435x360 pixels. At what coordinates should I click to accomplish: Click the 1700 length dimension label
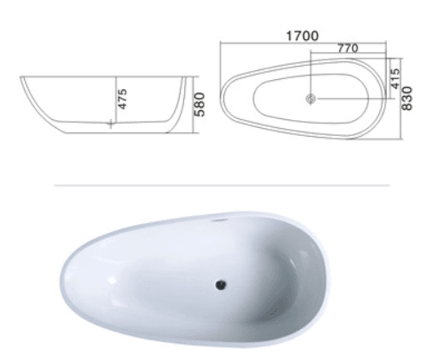pos(302,36)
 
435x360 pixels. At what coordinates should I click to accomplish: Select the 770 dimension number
pos(348,48)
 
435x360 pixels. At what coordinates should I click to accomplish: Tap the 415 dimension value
pos(395,78)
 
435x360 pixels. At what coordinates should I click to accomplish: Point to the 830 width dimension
pos(407,99)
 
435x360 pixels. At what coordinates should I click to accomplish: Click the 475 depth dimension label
pos(122,99)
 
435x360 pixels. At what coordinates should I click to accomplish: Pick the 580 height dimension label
pos(200,104)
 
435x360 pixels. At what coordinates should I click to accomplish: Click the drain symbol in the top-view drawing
pos(310,99)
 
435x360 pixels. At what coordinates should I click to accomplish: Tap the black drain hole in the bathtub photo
pos(221,284)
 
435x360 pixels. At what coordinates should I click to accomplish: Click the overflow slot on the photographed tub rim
pos(219,220)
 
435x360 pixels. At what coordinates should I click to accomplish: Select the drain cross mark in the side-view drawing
pos(111,124)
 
